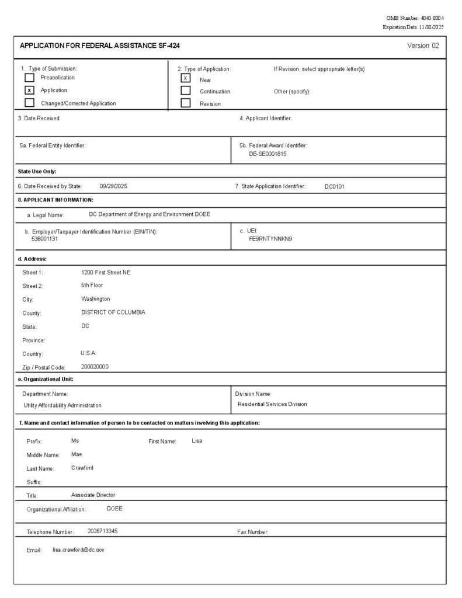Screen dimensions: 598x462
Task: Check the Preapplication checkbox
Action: [x=29, y=78]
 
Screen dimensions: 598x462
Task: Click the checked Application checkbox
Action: [x=29, y=91]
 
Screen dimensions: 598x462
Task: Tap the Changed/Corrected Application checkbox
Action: [x=29, y=103]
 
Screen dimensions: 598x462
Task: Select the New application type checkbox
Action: [x=186, y=78]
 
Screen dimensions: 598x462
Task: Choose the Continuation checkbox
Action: [x=186, y=91]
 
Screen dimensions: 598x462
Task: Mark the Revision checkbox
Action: [x=186, y=103]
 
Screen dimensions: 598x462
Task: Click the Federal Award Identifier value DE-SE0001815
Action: [x=268, y=154]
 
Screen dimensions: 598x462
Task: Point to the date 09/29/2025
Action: [x=113, y=186]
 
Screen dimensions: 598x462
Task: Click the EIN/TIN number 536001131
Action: [x=44, y=239]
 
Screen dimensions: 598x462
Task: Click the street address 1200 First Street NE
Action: [x=106, y=272]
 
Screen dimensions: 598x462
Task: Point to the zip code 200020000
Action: [x=95, y=367]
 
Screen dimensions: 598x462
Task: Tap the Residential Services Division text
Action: [x=272, y=404]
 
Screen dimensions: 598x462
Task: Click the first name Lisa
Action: [x=197, y=440]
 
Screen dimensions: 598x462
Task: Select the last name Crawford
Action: [x=82, y=468]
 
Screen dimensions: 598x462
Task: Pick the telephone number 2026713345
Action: [x=102, y=531]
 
